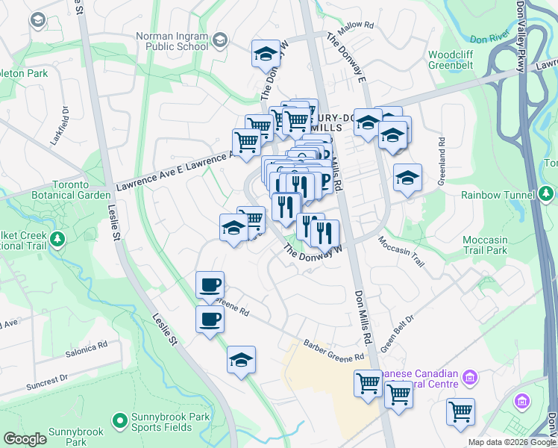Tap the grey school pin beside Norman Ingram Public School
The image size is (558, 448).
(x=220, y=39)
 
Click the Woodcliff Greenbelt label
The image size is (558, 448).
(x=457, y=60)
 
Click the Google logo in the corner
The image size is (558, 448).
(x=25, y=439)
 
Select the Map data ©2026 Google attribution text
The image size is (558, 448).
(x=512, y=442)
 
